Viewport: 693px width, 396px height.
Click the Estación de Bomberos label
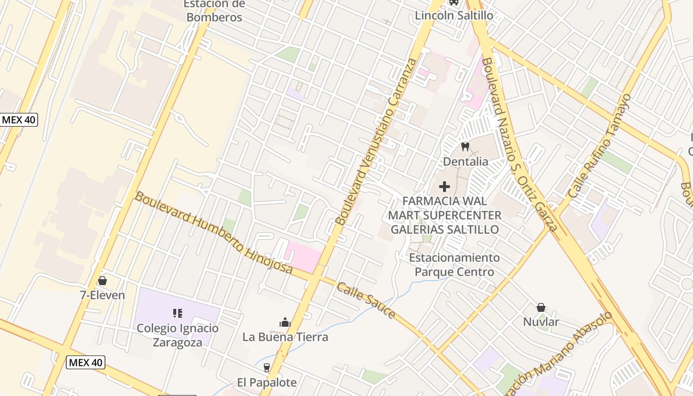coord(214,11)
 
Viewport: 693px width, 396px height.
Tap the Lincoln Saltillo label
coord(454,15)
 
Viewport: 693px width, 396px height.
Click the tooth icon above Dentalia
coord(465,147)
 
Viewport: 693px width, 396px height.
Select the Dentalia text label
coord(465,161)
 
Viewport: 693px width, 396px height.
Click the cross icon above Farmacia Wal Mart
coord(445,187)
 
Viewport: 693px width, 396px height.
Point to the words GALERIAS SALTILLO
coord(445,230)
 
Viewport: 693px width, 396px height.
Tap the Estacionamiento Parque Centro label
coord(454,265)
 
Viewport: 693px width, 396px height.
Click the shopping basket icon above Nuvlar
coord(541,307)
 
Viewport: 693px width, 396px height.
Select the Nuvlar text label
coord(541,322)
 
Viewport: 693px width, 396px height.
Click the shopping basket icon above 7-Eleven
coord(102,281)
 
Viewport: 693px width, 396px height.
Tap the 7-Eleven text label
coord(102,296)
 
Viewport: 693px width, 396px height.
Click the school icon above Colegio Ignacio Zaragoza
coord(178,313)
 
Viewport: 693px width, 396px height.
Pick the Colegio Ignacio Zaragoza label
coord(178,335)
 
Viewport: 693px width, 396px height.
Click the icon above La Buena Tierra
coord(285,323)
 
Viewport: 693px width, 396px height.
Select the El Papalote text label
coord(267,383)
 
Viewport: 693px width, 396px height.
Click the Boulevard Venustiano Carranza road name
coord(377,142)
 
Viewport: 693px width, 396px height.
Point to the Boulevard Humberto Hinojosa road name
coord(214,233)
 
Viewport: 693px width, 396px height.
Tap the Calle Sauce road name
coord(366,300)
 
